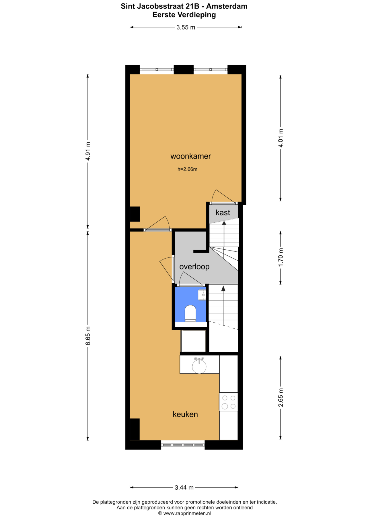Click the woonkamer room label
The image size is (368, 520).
[x=191, y=156]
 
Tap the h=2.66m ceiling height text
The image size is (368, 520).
[x=187, y=169]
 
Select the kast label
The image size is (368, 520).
[x=223, y=212]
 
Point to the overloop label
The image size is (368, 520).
[x=194, y=267]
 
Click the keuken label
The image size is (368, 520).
[x=185, y=414]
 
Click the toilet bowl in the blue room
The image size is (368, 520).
[x=190, y=313]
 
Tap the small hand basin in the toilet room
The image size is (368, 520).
[x=202, y=295]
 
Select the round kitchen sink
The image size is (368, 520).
[x=199, y=366]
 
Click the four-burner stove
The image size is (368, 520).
[x=229, y=402]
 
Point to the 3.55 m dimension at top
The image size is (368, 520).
[x=186, y=27]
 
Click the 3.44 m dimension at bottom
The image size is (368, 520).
[x=184, y=487]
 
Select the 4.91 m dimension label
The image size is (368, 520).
[x=88, y=151]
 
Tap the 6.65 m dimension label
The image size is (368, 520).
[x=88, y=336]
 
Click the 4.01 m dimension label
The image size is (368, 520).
[x=281, y=138]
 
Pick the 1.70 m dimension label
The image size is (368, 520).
[x=281, y=257]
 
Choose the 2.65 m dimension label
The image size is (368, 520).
[x=281, y=398]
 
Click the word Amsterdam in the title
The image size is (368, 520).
[x=227, y=6]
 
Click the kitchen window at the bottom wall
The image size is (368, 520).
[x=183, y=445]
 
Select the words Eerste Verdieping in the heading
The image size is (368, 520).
[x=184, y=15]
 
